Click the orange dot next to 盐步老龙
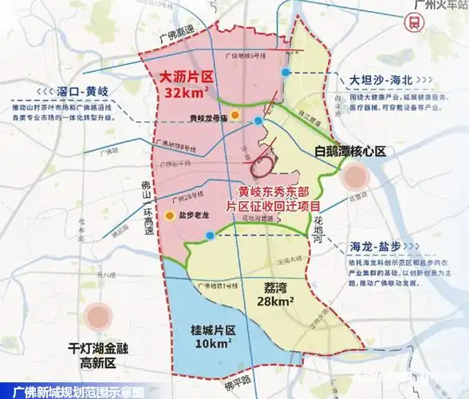pos(170,215)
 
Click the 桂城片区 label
pos(199,330)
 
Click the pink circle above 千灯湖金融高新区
pos(101,315)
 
